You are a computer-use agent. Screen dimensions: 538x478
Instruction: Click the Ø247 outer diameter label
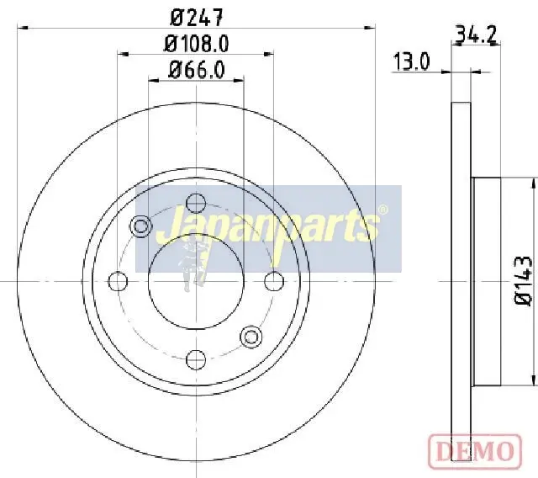coord(197,17)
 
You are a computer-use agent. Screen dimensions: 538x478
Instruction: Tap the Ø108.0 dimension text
coord(196,44)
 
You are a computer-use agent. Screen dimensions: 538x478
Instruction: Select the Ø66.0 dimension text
coord(197,70)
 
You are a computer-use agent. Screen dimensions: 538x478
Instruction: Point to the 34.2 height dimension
coord(476,35)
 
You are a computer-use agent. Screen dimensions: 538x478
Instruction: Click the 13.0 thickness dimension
coord(411,61)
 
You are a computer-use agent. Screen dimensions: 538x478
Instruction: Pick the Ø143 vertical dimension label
coord(523,280)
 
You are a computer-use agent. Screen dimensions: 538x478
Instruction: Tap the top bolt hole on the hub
coord(196,203)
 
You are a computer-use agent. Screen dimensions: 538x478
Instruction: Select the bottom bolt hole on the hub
coord(196,359)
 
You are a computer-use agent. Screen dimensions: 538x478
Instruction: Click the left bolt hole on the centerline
coord(118,281)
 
